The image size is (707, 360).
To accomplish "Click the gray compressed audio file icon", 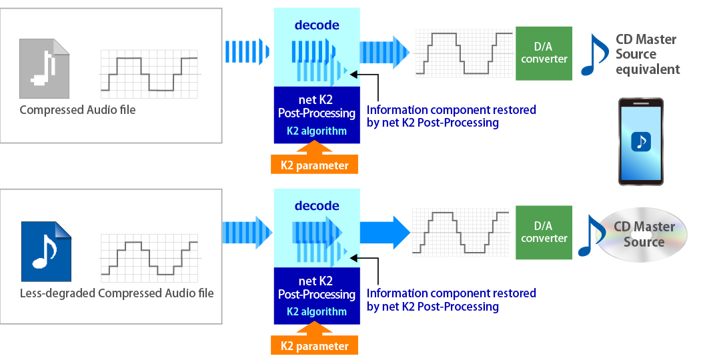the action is coord(44,69).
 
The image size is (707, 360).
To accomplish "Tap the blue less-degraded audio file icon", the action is coord(46,251).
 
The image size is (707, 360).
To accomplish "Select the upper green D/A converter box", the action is coord(544,53).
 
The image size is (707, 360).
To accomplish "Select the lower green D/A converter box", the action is coord(544,233).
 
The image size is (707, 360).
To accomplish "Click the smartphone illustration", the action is coord(641,141).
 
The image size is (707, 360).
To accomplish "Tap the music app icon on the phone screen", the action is coord(641,141).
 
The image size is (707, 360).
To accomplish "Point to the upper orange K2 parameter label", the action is coord(314,165).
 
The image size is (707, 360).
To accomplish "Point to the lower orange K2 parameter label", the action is coord(314,345).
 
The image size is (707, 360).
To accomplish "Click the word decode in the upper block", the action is coord(317,25).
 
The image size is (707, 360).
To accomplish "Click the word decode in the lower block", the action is coord(317,206).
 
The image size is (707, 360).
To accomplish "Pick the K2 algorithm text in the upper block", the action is coord(317,131).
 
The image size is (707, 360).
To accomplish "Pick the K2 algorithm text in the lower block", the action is coord(317,311).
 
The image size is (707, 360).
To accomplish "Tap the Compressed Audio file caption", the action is coord(77,110).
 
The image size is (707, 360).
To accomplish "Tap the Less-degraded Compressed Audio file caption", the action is coord(117,293).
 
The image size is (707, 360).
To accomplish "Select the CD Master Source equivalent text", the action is coord(648,54).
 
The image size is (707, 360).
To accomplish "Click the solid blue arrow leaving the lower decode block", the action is coord(385,233).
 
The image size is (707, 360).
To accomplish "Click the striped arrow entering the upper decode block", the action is coord(247,51).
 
